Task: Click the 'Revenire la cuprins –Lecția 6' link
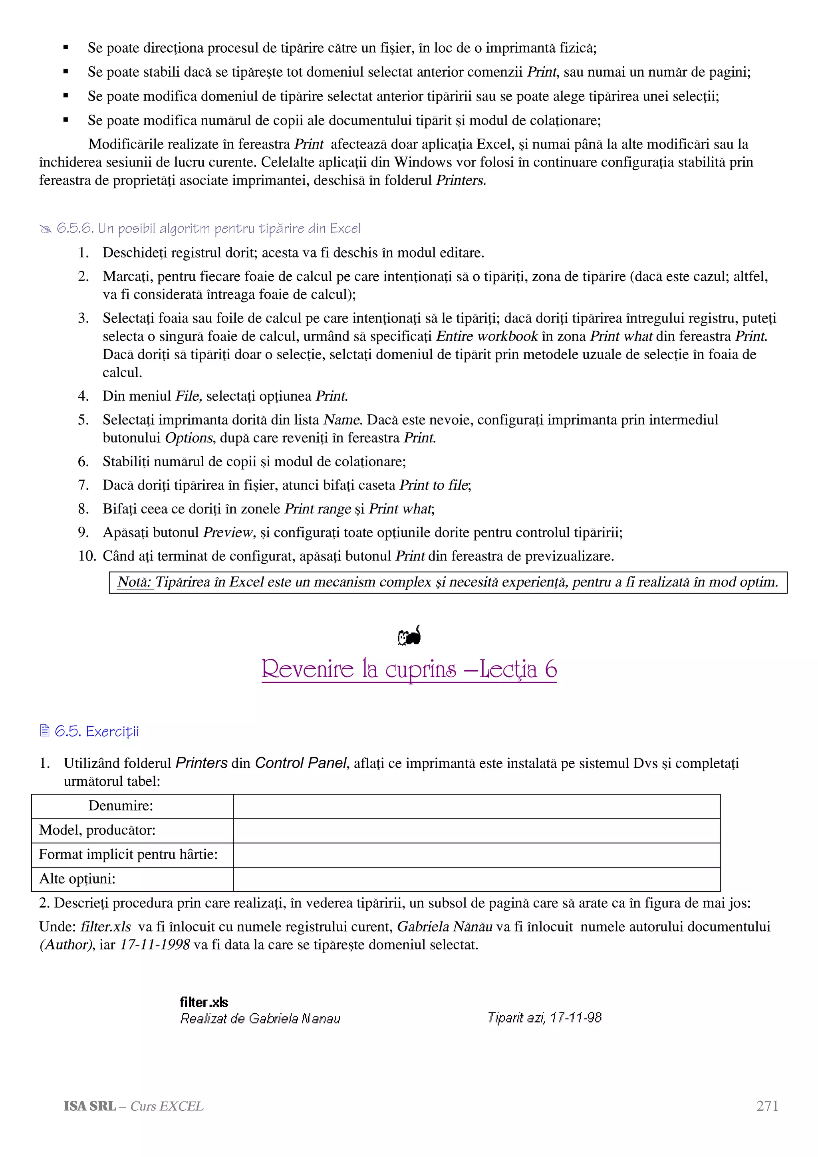409,670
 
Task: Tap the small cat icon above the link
409,636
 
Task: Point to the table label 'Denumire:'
121,806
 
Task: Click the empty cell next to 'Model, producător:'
476,830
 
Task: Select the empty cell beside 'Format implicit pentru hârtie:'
476,855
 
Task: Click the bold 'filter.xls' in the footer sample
204,1002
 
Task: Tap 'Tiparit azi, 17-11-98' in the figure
544,1018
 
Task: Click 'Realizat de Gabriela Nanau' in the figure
260,1019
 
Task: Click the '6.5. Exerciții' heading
96,731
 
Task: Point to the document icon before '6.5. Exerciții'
45,730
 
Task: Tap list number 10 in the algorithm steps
87,556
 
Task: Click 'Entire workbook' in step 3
487,336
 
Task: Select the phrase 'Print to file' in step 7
433,485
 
